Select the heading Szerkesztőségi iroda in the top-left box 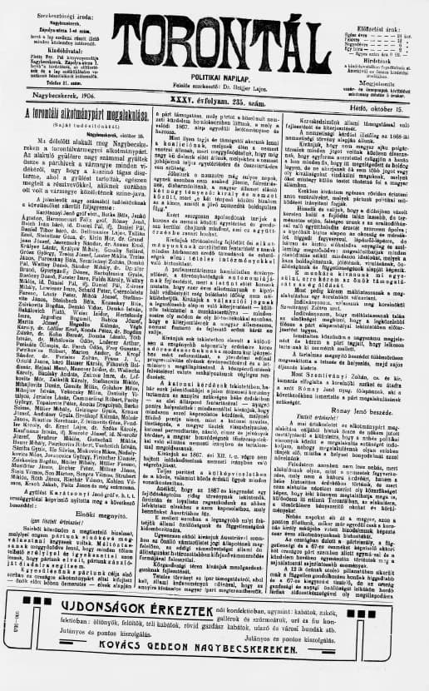click(67, 7)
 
